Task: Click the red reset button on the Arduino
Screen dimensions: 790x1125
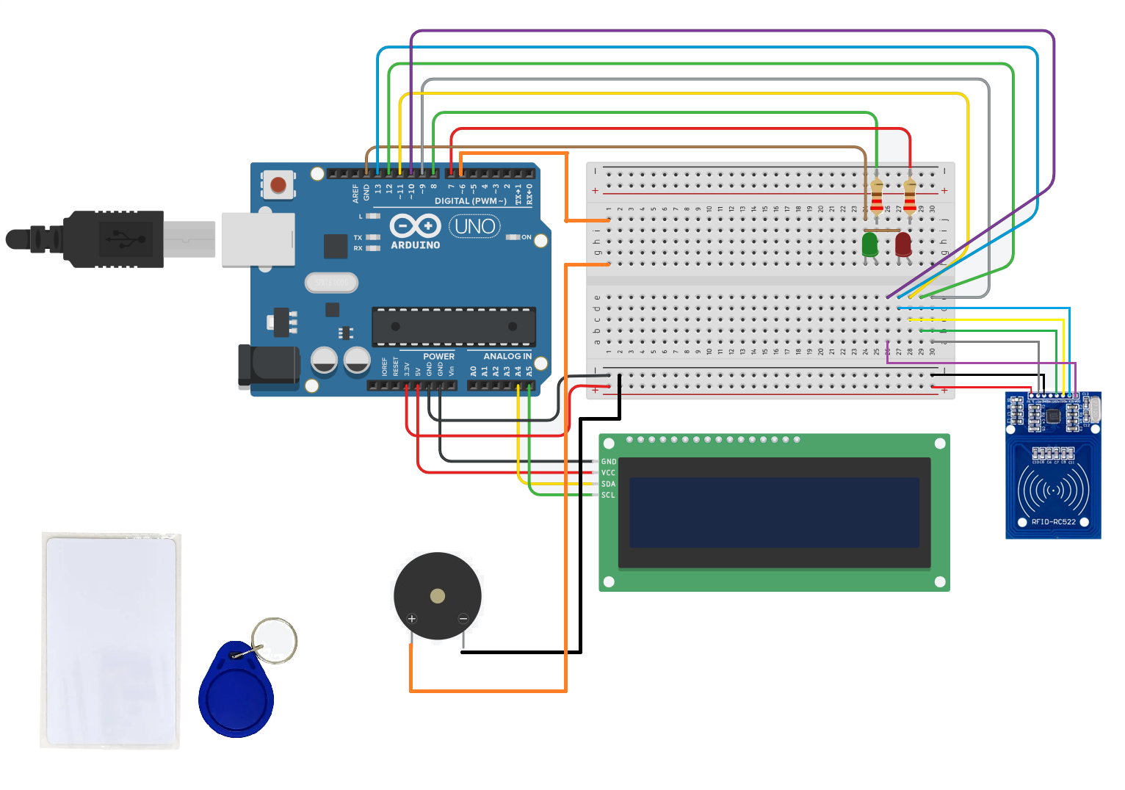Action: pos(278,184)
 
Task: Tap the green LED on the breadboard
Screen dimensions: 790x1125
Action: pos(870,244)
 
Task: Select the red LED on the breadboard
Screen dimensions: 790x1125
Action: pos(903,244)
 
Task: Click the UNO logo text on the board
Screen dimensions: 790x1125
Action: pos(475,226)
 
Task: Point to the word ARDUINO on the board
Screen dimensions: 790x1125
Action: pos(416,245)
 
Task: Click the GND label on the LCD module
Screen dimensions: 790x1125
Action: pos(609,462)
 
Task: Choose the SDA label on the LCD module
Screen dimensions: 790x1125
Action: pos(609,484)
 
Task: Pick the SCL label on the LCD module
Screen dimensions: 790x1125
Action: pos(609,495)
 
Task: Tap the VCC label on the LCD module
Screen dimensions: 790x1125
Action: pos(609,473)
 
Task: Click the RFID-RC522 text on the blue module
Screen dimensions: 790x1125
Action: pos(1053,522)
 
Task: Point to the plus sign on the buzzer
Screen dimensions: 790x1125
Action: pos(412,619)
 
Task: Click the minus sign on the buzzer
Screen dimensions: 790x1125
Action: pos(463,619)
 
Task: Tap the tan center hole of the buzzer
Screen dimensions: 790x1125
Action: pos(438,595)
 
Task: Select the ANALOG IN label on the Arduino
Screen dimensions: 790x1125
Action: pos(507,356)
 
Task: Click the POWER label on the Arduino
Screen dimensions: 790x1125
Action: pos(438,356)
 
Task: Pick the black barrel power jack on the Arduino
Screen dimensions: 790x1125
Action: pos(269,366)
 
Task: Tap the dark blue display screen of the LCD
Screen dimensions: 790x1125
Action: pos(774,512)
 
